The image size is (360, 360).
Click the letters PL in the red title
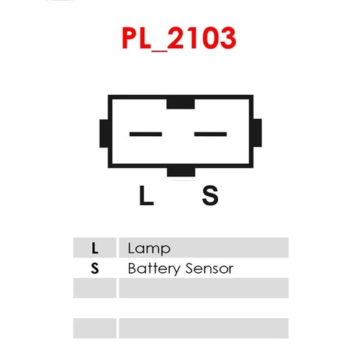[137, 38]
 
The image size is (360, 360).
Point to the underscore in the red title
[160, 50]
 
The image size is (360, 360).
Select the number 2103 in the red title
[202, 38]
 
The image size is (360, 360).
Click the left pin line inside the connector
[145, 134]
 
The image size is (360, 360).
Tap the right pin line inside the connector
[210, 134]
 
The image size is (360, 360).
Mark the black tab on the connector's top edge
[181, 104]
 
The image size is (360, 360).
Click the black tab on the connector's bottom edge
[181, 172]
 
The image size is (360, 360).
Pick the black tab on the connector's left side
[104, 133]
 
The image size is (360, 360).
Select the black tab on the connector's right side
[257, 132]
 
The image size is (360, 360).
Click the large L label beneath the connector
[146, 195]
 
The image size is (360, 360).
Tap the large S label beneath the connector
[210, 195]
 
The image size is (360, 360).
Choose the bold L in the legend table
[95, 248]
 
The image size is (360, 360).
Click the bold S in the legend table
[95, 269]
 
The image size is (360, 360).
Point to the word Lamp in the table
[149, 249]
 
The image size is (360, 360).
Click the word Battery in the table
[154, 269]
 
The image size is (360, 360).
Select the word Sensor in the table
[210, 269]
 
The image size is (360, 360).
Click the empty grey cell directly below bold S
[95, 288]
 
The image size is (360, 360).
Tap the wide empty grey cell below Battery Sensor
[204, 288]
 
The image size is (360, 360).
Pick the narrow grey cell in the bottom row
[95, 328]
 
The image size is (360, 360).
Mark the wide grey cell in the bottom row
[204, 328]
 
